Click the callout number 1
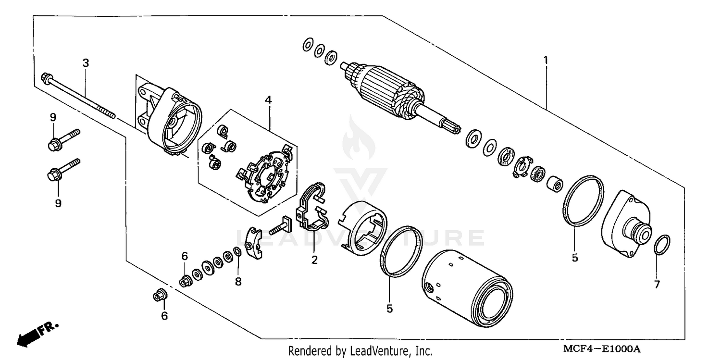[x=546, y=61]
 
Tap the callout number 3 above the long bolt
[x=86, y=63]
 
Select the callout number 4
[x=268, y=100]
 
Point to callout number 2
[x=314, y=260]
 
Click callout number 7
[x=657, y=284]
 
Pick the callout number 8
[x=238, y=282]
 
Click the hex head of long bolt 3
[x=47, y=77]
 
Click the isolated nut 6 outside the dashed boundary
[x=159, y=296]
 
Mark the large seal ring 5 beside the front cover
[x=583, y=201]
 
